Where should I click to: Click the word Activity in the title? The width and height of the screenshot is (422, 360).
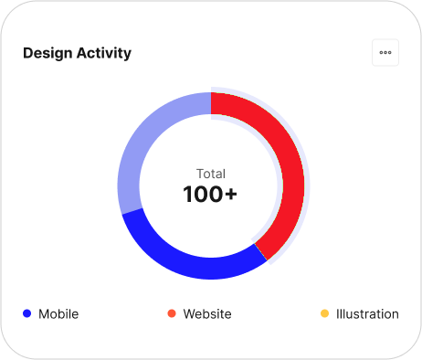pyautogui.click(x=104, y=54)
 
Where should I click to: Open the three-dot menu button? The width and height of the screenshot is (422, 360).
pyautogui.click(x=385, y=52)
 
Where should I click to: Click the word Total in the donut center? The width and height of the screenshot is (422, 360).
pyautogui.click(x=211, y=174)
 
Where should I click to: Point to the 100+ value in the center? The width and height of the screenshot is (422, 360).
pyautogui.click(x=210, y=194)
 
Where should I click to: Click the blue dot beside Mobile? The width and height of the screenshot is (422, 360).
pyautogui.click(x=27, y=313)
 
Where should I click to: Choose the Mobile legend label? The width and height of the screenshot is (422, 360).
pyautogui.click(x=58, y=314)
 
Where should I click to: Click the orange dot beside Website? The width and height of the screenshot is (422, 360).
pyautogui.click(x=172, y=313)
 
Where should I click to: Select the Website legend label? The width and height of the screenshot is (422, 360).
pyautogui.click(x=207, y=314)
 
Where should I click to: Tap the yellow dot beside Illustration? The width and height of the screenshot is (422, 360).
pyautogui.click(x=324, y=313)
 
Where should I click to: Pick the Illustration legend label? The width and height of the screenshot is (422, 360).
pyautogui.click(x=367, y=314)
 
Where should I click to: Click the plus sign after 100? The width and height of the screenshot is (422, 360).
pyautogui.click(x=231, y=195)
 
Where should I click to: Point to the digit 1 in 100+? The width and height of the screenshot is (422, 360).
pyautogui.click(x=187, y=194)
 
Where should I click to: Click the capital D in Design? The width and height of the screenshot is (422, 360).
pyautogui.click(x=27, y=53)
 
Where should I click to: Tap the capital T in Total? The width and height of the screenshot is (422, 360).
pyautogui.click(x=200, y=174)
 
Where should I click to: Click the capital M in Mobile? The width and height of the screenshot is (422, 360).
pyautogui.click(x=44, y=314)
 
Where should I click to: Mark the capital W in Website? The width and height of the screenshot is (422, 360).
pyautogui.click(x=190, y=314)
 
